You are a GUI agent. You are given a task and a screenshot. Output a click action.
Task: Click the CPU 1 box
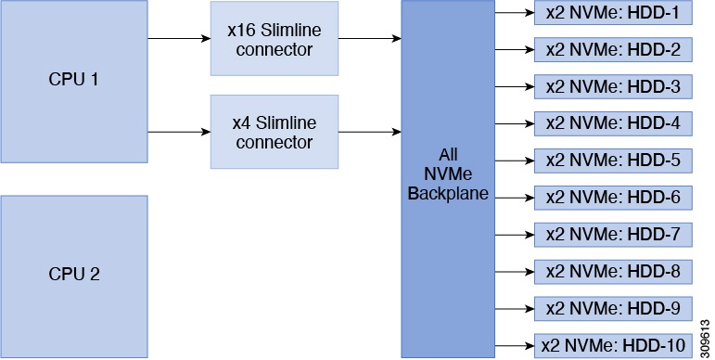(73, 80)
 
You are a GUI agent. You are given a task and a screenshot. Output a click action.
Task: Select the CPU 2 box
(73, 276)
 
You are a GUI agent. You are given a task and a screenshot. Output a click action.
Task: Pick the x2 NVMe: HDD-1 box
(613, 13)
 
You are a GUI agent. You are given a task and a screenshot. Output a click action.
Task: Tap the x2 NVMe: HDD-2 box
(613, 50)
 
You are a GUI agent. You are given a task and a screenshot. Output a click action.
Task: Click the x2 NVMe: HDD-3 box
(613, 86)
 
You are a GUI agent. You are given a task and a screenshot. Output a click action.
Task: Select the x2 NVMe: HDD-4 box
(613, 123)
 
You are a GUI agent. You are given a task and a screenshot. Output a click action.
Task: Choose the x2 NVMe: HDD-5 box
(613, 160)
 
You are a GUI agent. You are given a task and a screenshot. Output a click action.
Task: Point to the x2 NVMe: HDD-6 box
(613, 197)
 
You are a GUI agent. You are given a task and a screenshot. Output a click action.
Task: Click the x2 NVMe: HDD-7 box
(613, 234)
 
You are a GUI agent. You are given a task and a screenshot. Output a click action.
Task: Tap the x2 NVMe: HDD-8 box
(613, 271)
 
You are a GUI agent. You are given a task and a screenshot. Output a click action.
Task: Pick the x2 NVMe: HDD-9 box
(613, 307)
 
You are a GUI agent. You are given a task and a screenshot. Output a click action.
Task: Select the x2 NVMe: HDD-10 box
(613, 344)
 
